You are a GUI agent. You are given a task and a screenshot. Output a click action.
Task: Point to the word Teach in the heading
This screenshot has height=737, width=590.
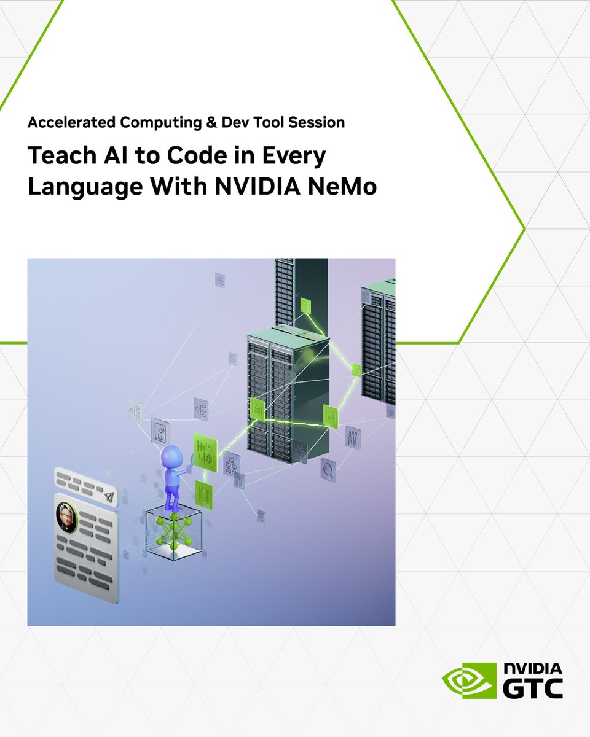[x=59, y=156]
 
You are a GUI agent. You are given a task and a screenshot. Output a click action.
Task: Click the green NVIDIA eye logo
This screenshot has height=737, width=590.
[x=469, y=680]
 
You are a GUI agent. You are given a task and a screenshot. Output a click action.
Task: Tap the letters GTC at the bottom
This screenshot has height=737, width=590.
[x=533, y=688]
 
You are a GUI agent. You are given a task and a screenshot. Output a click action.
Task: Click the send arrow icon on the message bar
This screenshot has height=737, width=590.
[x=109, y=495]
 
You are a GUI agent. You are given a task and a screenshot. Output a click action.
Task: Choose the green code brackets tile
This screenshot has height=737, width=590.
[x=331, y=416]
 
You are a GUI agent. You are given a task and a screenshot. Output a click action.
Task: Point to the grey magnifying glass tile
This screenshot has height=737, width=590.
[x=328, y=470]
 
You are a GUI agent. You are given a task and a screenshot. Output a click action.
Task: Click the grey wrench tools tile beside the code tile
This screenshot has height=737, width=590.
[x=353, y=437]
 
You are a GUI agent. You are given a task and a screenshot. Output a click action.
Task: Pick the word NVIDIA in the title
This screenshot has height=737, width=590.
[x=258, y=187]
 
